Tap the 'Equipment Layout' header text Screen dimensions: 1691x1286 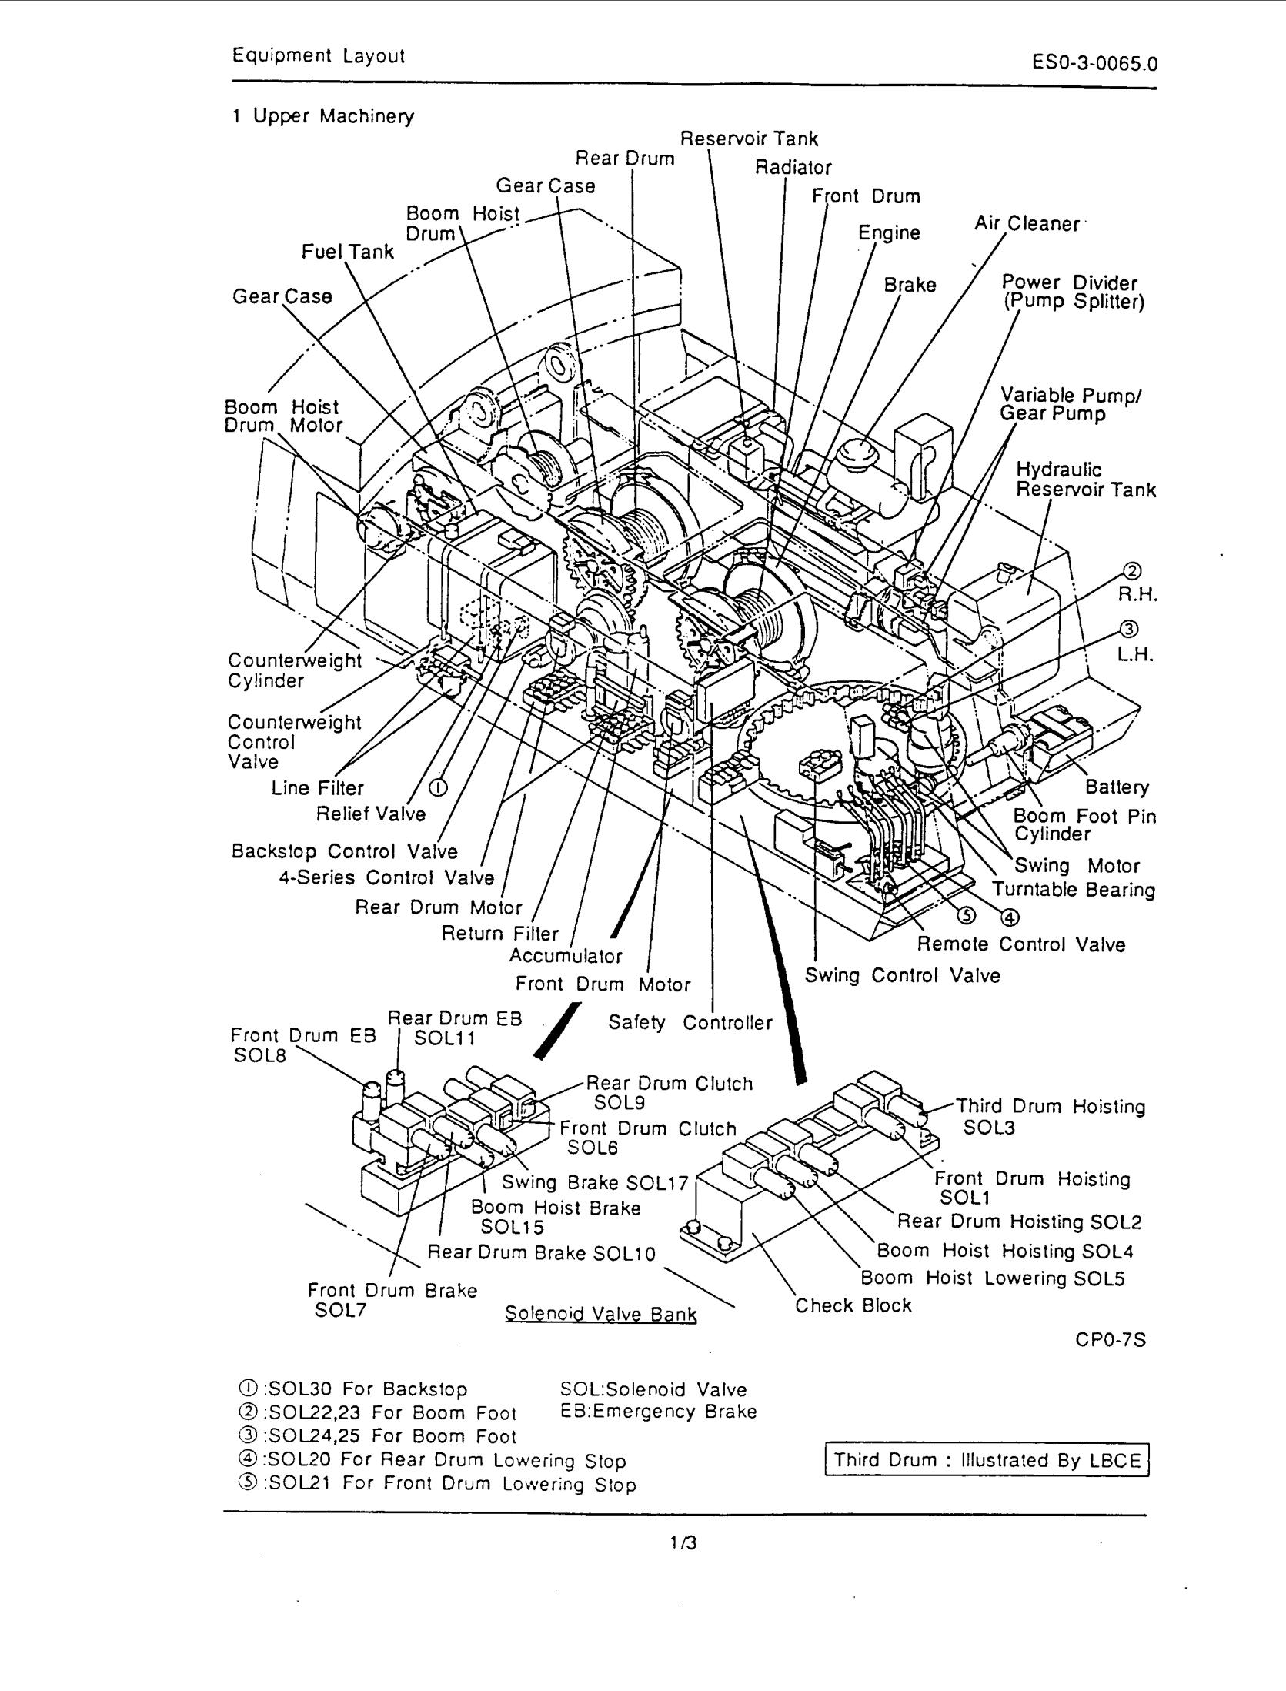pos(319,56)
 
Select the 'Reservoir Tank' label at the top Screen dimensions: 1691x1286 pos(749,139)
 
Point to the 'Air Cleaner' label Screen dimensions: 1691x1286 pos(1027,224)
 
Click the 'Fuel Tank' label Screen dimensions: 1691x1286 pos(347,252)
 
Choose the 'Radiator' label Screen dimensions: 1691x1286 pos(793,167)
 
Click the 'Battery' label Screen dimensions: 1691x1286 pos(1117,787)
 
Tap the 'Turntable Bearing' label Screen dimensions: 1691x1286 pos(1074,890)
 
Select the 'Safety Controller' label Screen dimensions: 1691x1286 pos(690,1022)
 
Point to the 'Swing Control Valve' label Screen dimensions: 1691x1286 pos(902,975)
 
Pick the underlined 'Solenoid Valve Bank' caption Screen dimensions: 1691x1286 pos(600,1314)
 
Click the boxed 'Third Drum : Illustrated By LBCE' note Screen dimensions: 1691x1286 pos(987,1460)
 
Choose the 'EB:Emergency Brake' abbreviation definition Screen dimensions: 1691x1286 pos(658,1412)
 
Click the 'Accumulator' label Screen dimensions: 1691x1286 pos(565,956)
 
